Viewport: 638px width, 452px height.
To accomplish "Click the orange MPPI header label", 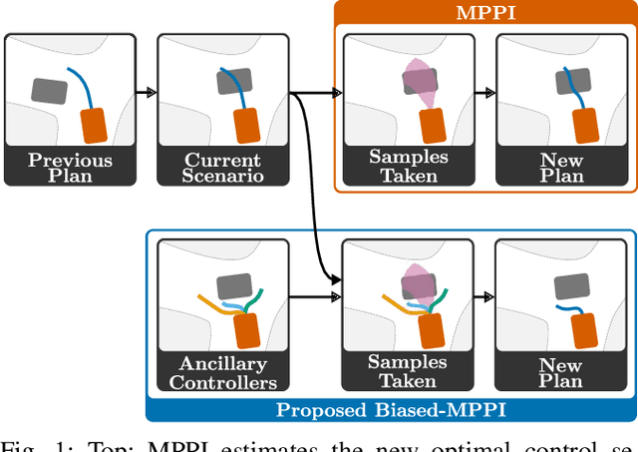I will (x=484, y=13).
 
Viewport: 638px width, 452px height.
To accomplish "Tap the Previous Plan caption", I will (x=70, y=168).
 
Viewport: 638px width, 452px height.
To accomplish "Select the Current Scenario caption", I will (x=223, y=168).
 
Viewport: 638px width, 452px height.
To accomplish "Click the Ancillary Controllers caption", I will (x=223, y=372).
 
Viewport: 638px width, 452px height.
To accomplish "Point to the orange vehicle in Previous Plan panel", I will (x=94, y=126).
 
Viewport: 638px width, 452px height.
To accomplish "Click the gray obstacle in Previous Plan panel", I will (x=50, y=92).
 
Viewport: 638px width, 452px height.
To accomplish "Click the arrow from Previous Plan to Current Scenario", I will (x=146, y=93).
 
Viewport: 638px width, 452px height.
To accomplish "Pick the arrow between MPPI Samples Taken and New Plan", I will (x=485, y=93).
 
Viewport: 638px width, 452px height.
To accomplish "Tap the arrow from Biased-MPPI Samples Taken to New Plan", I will (x=485, y=297).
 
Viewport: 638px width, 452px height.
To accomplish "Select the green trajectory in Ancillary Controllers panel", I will (x=256, y=297).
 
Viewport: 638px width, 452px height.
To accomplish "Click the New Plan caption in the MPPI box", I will (x=561, y=168).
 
